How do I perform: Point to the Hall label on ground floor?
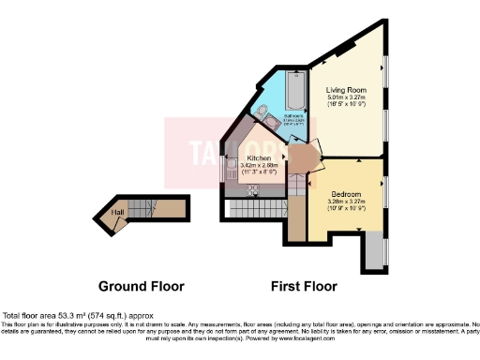(x=117, y=213)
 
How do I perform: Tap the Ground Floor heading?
(x=142, y=286)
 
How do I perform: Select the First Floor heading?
(x=304, y=286)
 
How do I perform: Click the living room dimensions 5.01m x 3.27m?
(x=347, y=97)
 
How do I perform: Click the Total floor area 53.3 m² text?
(x=77, y=316)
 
